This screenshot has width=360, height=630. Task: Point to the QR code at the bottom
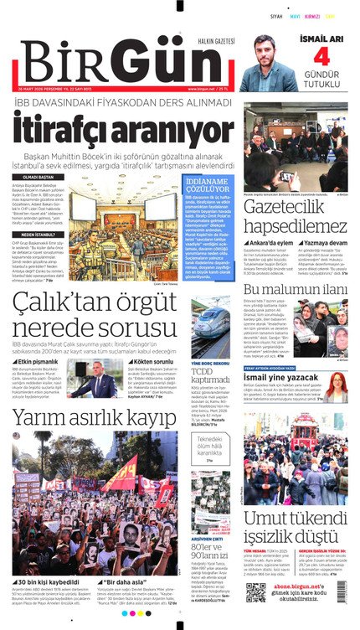click(x=256, y=592)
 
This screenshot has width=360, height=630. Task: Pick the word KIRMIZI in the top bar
click(x=312, y=16)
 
